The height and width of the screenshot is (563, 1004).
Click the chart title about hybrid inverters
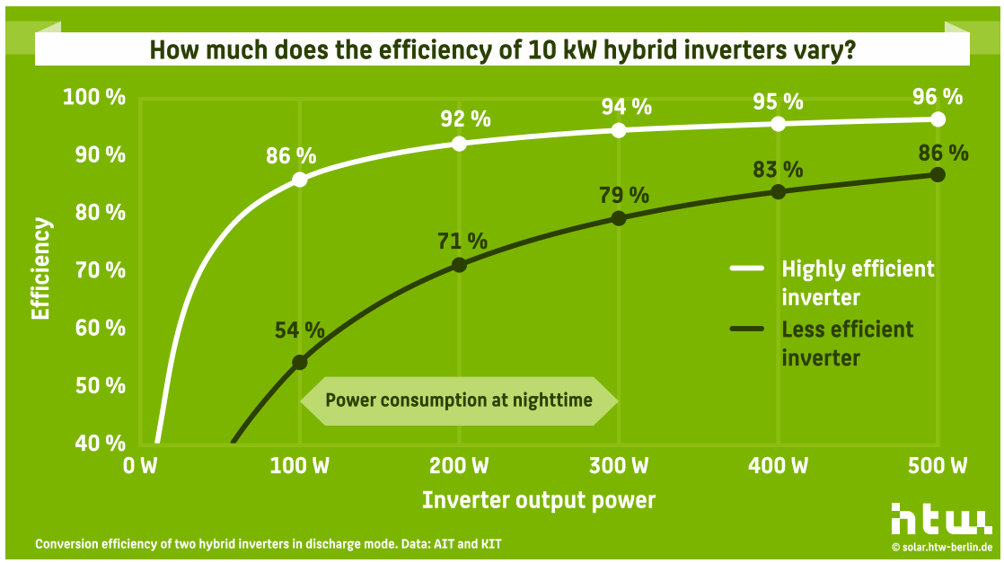[501, 49]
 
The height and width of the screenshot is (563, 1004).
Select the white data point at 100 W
[300, 180]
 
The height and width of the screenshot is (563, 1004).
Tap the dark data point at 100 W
[300, 363]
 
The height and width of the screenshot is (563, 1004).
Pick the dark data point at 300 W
[619, 218]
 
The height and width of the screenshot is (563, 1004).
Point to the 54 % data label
[299, 330]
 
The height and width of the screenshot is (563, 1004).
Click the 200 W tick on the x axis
[459, 467]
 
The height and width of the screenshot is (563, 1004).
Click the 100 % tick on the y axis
[94, 97]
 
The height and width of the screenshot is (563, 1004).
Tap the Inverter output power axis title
[539, 500]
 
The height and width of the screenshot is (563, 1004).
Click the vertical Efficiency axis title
[40, 269]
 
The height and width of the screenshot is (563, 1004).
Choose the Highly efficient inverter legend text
[858, 282]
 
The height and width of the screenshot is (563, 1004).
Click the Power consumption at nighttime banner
[459, 400]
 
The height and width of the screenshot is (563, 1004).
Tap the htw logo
[940, 518]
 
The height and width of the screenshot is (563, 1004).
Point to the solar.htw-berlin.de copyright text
[941, 546]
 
